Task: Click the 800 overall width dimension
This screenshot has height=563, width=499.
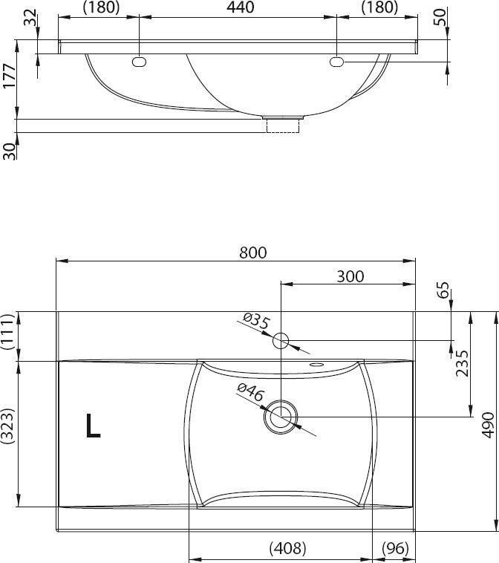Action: [x=253, y=253]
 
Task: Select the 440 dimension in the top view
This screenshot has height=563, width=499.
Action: [x=240, y=7]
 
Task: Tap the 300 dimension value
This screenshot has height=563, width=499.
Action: [x=350, y=276]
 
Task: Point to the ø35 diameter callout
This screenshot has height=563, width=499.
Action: [x=255, y=321]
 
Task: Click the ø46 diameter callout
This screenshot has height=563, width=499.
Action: [x=250, y=392]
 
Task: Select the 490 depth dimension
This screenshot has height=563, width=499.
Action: [x=488, y=425]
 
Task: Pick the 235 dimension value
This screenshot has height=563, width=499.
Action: [x=462, y=363]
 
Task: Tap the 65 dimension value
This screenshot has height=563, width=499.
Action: [x=443, y=290]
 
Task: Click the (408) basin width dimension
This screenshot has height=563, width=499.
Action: [x=287, y=548]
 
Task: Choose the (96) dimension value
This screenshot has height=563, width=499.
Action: [x=395, y=548]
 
